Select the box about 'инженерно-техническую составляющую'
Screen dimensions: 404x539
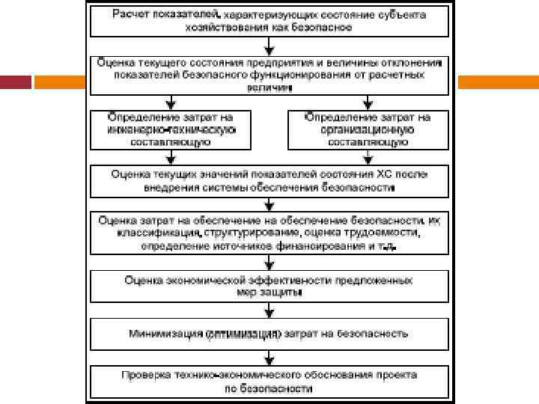[x=171, y=129]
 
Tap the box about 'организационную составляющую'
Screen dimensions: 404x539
[x=368, y=129]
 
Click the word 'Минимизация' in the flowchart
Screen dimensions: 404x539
[x=166, y=332]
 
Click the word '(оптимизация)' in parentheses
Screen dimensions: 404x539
[x=244, y=332]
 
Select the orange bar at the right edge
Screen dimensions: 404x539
[x=497, y=81]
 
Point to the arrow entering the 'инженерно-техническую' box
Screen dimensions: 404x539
[x=171, y=101]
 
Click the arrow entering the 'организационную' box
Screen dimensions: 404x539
[x=368, y=101]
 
